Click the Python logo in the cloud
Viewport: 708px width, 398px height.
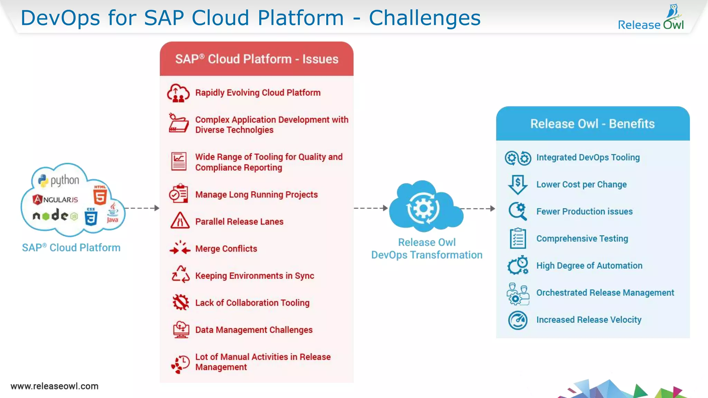[43, 180]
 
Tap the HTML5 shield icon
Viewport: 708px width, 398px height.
[100, 196]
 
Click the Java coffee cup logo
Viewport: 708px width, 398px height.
[113, 213]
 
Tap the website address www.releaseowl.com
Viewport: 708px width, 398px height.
[55, 386]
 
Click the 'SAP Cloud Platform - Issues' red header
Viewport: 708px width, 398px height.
[257, 59]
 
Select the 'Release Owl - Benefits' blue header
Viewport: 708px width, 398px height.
[593, 124]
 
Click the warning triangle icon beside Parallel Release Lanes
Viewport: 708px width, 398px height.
[180, 221]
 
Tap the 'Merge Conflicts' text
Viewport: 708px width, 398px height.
[226, 249]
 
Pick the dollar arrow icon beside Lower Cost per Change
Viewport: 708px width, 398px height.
[518, 184]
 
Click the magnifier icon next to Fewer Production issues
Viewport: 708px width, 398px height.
[518, 211]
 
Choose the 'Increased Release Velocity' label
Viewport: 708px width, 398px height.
[589, 320]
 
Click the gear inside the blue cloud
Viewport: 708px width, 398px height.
[423, 208]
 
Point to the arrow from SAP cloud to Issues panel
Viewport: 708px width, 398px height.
[142, 208]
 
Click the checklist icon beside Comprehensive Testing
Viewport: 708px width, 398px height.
[518, 238]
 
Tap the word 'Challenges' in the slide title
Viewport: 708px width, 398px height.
[425, 18]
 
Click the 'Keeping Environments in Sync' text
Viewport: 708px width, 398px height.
[254, 276]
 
